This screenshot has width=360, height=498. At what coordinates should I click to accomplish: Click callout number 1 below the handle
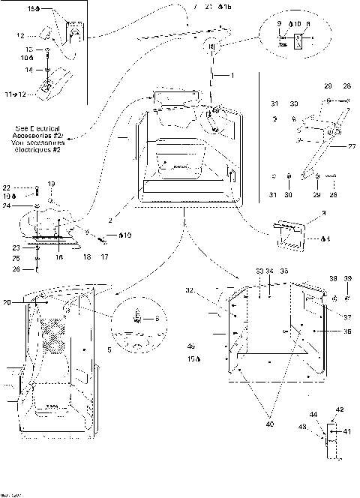(x=233, y=75)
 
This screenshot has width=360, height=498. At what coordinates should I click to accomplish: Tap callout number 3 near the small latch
(x=323, y=214)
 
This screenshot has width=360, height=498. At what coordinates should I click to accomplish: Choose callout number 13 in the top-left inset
(x=30, y=49)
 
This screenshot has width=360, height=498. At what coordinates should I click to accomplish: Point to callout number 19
(x=52, y=184)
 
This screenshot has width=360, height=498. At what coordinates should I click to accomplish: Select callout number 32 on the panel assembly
(x=211, y=290)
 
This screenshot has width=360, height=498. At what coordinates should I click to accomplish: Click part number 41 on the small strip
(x=347, y=431)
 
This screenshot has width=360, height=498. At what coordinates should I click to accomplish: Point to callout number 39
(x=347, y=278)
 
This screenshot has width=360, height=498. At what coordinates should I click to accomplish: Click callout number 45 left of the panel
(x=191, y=346)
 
